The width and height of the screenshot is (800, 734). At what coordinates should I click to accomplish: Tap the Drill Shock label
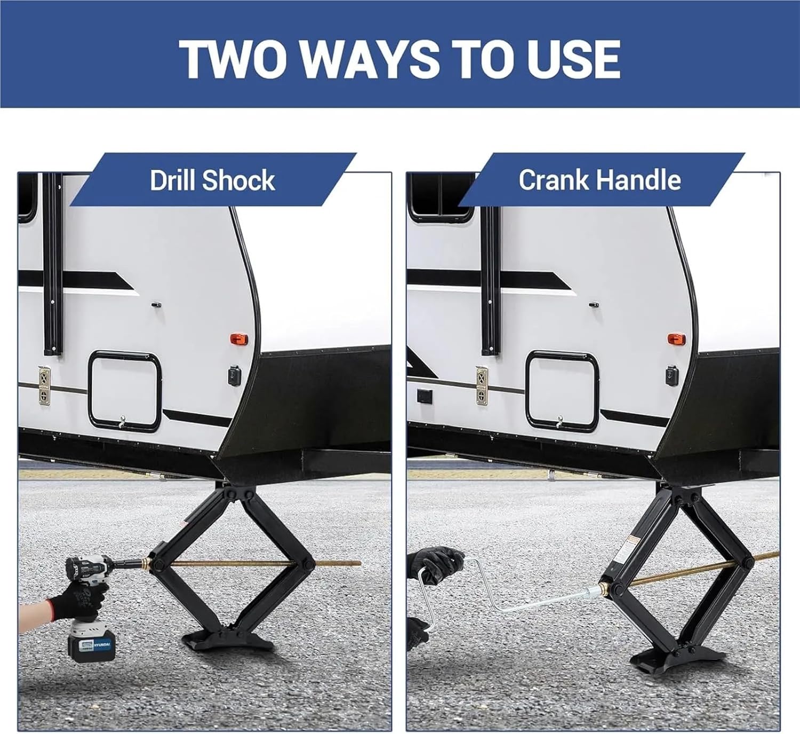(x=212, y=180)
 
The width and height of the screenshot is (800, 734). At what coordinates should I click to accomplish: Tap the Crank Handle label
(x=599, y=180)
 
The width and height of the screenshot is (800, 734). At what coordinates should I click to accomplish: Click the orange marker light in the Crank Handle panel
(x=676, y=338)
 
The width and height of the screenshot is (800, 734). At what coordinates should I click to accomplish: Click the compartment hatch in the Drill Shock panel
(x=124, y=391)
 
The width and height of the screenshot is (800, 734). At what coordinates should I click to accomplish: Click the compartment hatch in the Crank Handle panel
(x=562, y=391)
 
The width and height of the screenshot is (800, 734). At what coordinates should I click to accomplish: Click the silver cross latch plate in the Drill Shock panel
(x=44, y=385)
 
